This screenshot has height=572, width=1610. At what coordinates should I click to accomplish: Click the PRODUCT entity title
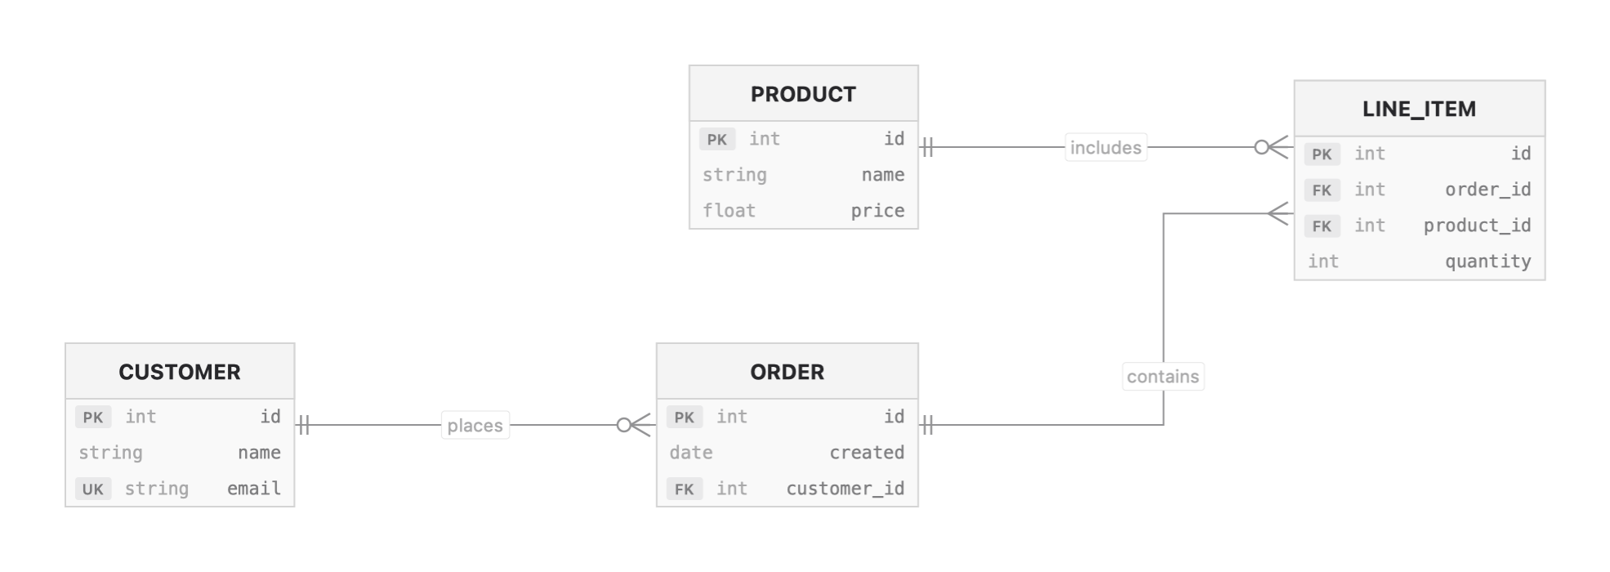(x=803, y=94)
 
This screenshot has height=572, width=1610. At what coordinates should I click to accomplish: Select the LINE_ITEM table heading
(x=1419, y=109)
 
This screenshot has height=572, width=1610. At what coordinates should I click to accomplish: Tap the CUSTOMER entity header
(x=180, y=372)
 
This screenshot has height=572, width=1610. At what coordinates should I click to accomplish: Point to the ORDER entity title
(x=787, y=372)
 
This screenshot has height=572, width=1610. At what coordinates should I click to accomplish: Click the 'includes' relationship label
(x=1105, y=148)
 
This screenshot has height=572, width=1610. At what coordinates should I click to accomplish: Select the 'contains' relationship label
(x=1162, y=377)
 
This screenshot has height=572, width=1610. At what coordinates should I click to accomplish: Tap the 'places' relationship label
(x=475, y=426)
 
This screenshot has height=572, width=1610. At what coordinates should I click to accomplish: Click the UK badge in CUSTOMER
(x=93, y=489)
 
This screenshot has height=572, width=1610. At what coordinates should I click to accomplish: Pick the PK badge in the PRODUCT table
(x=716, y=139)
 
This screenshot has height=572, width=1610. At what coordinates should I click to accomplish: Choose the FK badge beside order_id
(x=1322, y=190)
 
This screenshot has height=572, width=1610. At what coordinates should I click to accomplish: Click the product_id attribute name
(x=1477, y=226)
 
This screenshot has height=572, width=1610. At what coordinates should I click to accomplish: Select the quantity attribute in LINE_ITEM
(x=1487, y=261)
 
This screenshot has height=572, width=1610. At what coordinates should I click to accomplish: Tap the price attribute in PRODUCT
(x=877, y=211)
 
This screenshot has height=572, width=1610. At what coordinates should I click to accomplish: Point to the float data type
(x=729, y=211)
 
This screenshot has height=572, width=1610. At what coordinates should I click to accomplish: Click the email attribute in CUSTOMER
(x=253, y=489)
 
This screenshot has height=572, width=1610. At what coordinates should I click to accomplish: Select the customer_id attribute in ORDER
(x=845, y=489)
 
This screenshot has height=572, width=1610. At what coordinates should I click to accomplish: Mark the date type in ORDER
(x=691, y=453)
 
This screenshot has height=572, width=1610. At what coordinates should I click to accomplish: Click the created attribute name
(x=867, y=453)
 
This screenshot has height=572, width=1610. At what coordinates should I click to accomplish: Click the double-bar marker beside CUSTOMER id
(x=304, y=425)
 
